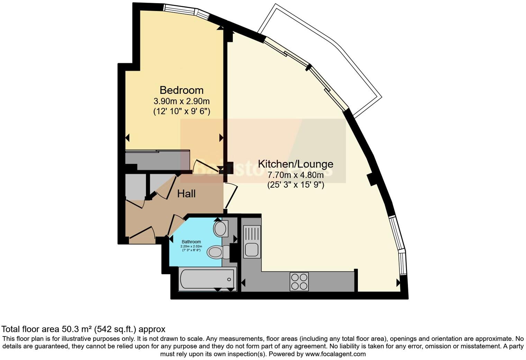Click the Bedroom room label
(181, 90)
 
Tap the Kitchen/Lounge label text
(296, 164)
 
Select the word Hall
(186, 194)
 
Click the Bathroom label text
(191, 242)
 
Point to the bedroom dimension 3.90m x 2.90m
(181, 101)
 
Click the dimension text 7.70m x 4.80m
(296, 175)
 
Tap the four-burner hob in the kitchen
(299, 281)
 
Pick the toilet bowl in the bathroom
(215, 252)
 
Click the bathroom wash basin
(220, 229)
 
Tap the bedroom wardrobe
(157, 159)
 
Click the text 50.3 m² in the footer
(76, 329)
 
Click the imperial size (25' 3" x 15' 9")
(296, 185)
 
